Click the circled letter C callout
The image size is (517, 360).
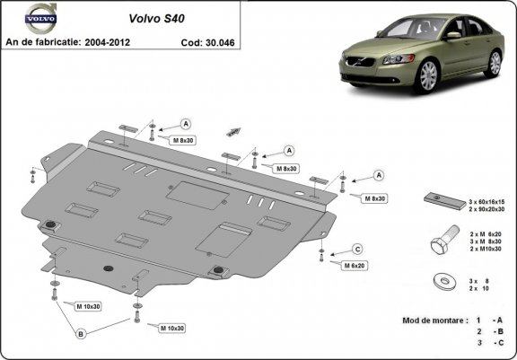356,249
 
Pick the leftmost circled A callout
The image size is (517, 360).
186,124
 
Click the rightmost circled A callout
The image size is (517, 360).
378,174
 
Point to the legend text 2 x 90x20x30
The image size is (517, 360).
488,208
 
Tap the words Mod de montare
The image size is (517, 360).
435,320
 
